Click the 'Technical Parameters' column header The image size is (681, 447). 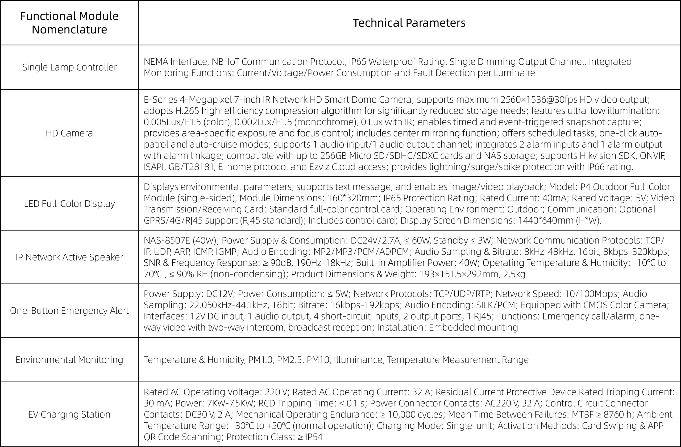click(x=409, y=23)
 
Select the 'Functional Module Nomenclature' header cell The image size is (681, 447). click(x=69, y=23)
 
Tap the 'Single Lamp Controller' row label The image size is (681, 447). click(x=69, y=67)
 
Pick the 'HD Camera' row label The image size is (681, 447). click(x=69, y=133)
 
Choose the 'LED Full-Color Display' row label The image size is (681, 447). click(x=69, y=204)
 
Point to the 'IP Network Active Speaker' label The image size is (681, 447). click(x=69, y=257)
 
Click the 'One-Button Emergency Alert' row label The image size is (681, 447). click(x=69, y=311)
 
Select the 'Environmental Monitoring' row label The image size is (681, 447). click(x=69, y=359)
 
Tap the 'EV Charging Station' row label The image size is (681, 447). click(x=69, y=414)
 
